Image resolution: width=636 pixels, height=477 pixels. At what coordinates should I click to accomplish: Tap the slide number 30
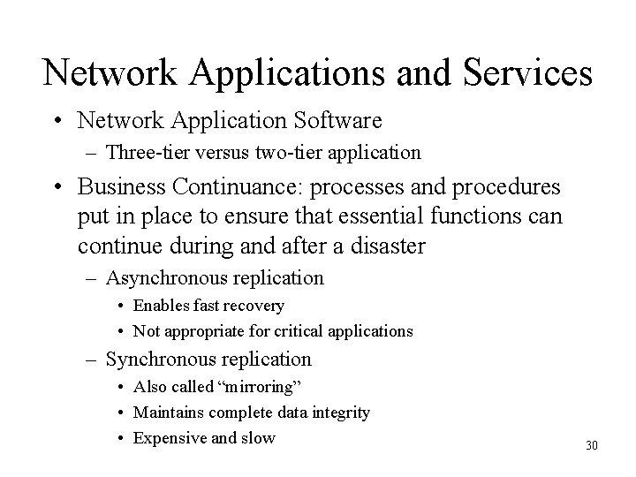pyautogui.click(x=591, y=445)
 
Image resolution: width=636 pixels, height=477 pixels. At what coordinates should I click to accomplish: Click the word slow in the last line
pyautogui.click(x=258, y=437)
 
